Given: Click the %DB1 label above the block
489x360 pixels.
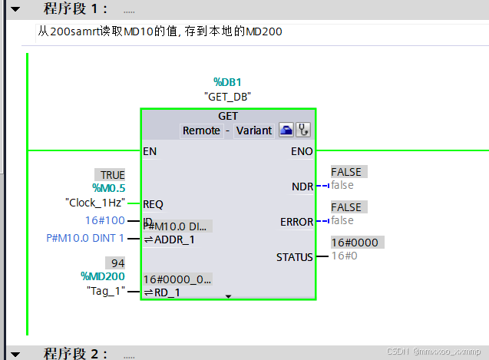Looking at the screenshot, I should (x=228, y=82).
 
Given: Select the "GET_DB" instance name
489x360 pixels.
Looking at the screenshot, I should (x=228, y=97).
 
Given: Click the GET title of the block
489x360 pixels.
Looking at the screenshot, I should (x=228, y=117).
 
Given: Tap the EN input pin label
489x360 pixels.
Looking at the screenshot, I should (x=150, y=151).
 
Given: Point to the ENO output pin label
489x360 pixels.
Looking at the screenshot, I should (x=302, y=151).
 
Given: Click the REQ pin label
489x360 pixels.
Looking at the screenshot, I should (x=154, y=204).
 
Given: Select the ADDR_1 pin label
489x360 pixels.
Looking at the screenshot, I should (x=174, y=239).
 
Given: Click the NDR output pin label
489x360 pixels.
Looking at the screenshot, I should (x=302, y=187).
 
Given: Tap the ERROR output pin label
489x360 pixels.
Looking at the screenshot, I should (x=297, y=222).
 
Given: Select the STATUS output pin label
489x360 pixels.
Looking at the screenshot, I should (x=295, y=257).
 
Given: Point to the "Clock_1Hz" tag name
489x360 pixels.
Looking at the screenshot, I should (x=94, y=203).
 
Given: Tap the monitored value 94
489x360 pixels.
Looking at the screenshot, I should (x=114, y=263).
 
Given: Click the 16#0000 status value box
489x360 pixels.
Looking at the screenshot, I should (x=354, y=243).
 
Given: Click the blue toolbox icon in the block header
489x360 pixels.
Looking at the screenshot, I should (x=286, y=130).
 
